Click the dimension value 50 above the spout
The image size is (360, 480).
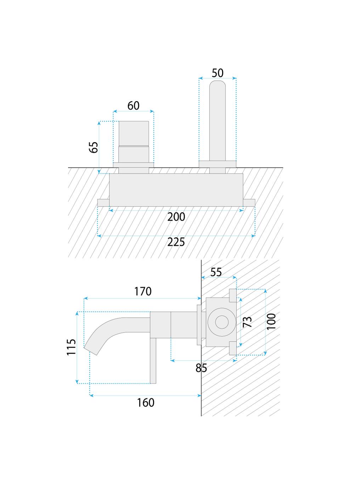(218, 73)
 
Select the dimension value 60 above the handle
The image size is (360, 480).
(134, 106)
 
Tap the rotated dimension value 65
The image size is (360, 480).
(94, 147)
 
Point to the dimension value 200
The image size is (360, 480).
(176, 217)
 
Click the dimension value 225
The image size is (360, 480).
(176, 242)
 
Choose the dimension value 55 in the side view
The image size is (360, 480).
(216, 272)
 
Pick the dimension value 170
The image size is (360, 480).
(143, 292)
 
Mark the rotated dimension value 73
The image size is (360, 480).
(247, 322)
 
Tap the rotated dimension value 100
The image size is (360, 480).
(271, 321)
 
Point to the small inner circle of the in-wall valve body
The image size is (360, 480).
(222, 322)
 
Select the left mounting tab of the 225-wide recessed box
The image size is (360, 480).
(103, 203)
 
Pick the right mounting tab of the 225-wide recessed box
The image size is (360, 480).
(249, 203)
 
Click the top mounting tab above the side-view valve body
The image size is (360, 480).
(233, 295)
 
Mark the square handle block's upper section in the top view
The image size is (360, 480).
(134, 133)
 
